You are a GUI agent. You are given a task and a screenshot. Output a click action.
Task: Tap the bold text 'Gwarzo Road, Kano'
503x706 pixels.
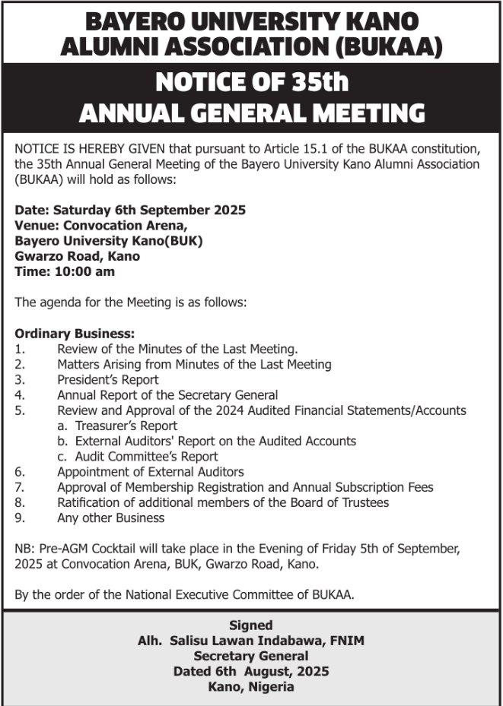(x=77, y=256)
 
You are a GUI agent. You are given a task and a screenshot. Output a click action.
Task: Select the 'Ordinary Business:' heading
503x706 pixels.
(x=75, y=334)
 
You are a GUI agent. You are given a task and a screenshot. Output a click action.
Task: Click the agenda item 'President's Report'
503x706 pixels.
(x=107, y=380)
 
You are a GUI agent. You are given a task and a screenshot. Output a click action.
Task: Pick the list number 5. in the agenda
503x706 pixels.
(x=20, y=410)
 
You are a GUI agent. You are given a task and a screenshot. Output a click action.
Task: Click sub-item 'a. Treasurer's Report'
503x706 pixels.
(x=117, y=426)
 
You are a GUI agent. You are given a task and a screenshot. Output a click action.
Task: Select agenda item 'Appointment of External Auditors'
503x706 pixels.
(x=150, y=472)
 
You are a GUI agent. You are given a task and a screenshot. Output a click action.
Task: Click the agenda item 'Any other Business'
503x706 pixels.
(x=110, y=518)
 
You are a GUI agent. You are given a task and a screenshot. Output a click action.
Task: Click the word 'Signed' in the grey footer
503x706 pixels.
(x=250, y=625)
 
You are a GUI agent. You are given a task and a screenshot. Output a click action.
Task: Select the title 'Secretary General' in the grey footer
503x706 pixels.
(x=250, y=656)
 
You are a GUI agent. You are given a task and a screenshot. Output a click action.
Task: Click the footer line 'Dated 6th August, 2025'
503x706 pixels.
(x=250, y=672)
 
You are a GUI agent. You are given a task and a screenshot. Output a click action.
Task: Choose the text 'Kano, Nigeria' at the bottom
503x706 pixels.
(x=250, y=687)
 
